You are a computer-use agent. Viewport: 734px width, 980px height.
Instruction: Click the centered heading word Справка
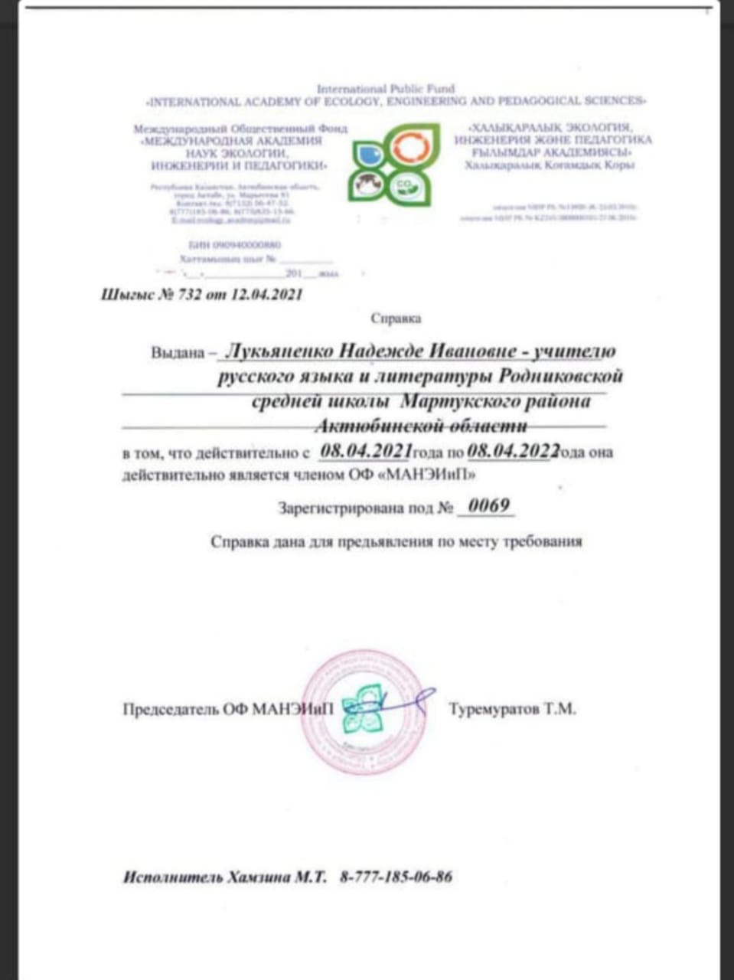[396, 318]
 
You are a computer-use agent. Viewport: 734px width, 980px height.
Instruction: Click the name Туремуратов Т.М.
[512, 709]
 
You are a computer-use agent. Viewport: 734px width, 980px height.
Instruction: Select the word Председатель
[171, 710]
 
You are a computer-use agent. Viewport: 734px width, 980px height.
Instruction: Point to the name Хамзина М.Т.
[277, 877]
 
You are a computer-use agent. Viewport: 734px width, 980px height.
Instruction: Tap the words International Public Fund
[386, 89]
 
